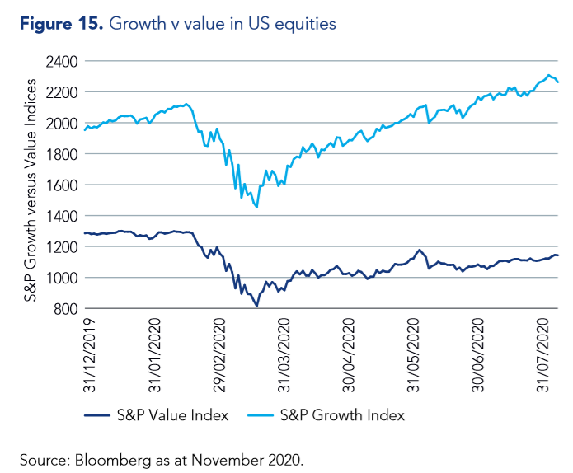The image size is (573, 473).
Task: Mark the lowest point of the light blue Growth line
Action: (257, 208)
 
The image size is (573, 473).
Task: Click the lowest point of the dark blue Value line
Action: (257, 307)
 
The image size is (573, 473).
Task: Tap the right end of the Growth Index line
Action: (559, 82)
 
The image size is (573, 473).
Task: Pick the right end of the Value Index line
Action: (559, 255)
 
